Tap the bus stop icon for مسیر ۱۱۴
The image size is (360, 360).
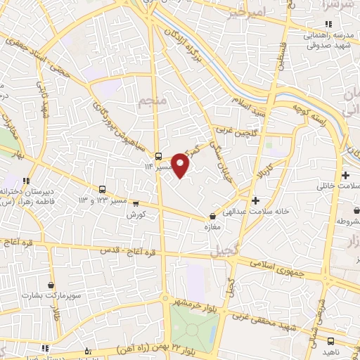pos(160,156)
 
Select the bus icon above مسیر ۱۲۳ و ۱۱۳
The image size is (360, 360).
pos(103,189)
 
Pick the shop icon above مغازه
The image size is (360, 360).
pos(213,217)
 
